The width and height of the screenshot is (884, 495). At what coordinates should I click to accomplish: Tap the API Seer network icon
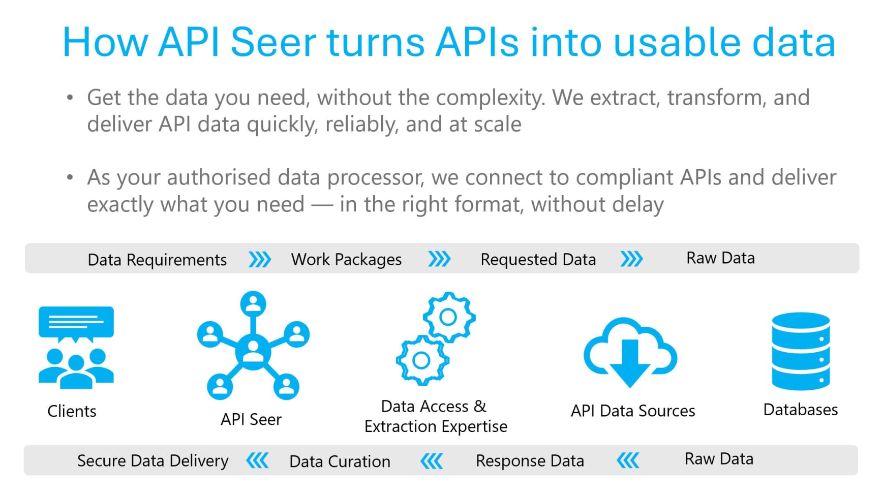pyautogui.click(x=253, y=346)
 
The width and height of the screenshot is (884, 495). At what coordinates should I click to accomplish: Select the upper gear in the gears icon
pyautogui.click(x=448, y=317)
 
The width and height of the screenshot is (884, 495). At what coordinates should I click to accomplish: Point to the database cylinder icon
pyautogui.click(x=801, y=351)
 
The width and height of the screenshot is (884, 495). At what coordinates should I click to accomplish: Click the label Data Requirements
pyautogui.click(x=157, y=260)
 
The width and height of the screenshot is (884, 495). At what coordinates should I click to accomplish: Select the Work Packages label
pyautogui.click(x=346, y=260)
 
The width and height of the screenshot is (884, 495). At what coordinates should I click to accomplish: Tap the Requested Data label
pyautogui.click(x=538, y=260)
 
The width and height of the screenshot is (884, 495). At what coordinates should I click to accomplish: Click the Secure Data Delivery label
pyautogui.click(x=153, y=461)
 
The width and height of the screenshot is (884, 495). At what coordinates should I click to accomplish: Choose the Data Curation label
pyautogui.click(x=340, y=461)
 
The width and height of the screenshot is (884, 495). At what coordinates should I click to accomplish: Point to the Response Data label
pyautogui.click(x=530, y=461)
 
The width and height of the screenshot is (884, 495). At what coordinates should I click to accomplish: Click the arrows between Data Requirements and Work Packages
pyautogui.click(x=260, y=260)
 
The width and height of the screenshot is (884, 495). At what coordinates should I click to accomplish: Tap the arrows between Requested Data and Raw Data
pyautogui.click(x=632, y=259)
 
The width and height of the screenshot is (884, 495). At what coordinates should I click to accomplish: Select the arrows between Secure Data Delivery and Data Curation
pyautogui.click(x=257, y=461)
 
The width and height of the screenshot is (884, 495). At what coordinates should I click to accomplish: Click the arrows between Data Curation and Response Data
pyautogui.click(x=432, y=461)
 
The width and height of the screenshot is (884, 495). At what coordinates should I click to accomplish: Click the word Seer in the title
pyautogui.click(x=273, y=42)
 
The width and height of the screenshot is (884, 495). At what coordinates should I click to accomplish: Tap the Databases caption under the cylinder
pyautogui.click(x=800, y=410)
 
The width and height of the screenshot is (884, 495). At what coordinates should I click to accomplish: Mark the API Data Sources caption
pyautogui.click(x=632, y=411)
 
